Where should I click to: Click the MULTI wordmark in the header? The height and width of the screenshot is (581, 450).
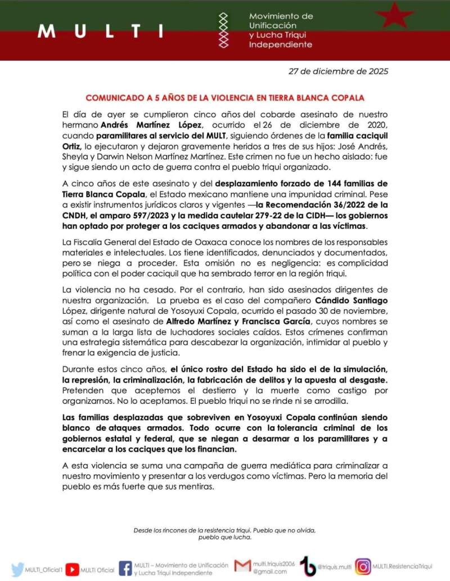click(101, 30)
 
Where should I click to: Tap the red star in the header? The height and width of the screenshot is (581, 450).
click(394, 15)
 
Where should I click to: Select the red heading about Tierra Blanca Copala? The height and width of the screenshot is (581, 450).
click(225, 97)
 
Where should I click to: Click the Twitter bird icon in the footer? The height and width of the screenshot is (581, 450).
click(17, 569)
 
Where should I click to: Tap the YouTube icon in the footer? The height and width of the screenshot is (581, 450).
click(71, 569)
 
